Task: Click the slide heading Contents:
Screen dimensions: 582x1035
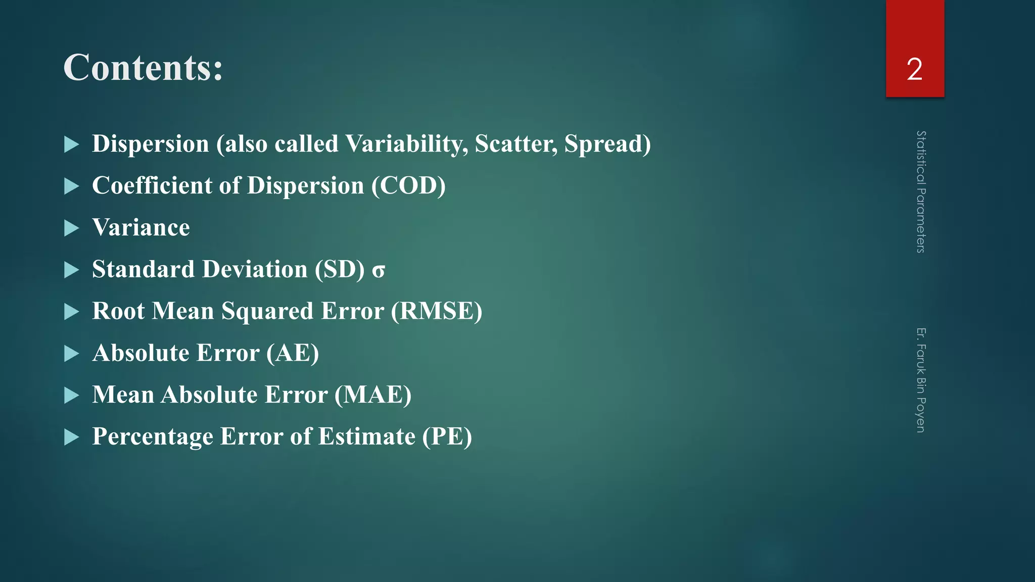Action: tap(143, 68)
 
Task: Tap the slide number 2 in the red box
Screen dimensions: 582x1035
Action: tap(914, 69)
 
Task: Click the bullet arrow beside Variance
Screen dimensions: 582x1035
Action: tap(72, 228)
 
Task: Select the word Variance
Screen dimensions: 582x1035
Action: tap(141, 227)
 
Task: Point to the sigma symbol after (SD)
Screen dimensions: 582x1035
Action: tap(379, 271)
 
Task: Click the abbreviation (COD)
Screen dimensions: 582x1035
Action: tap(408, 185)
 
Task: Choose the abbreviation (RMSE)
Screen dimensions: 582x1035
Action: tap(437, 311)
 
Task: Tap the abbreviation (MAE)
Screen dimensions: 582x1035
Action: tap(373, 395)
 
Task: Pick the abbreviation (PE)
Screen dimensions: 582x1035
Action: tap(447, 437)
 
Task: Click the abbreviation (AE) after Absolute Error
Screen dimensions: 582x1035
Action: tap(293, 353)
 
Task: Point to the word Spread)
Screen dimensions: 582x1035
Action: tap(607, 144)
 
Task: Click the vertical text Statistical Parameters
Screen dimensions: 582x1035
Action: tap(921, 192)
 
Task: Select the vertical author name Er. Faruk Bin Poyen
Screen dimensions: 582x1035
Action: tap(921, 380)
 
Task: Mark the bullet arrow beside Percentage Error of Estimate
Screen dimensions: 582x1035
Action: tap(72, 437)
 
